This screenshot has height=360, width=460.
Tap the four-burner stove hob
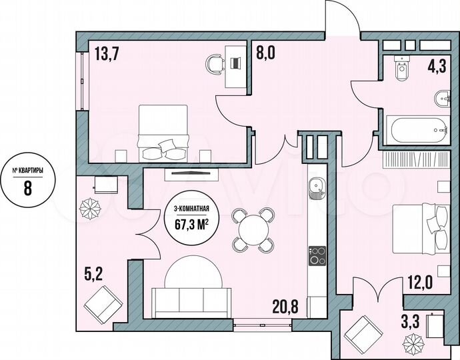[316, 255]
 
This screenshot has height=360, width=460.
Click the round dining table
[251, 230]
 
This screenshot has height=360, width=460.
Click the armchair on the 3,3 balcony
[363, 330]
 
